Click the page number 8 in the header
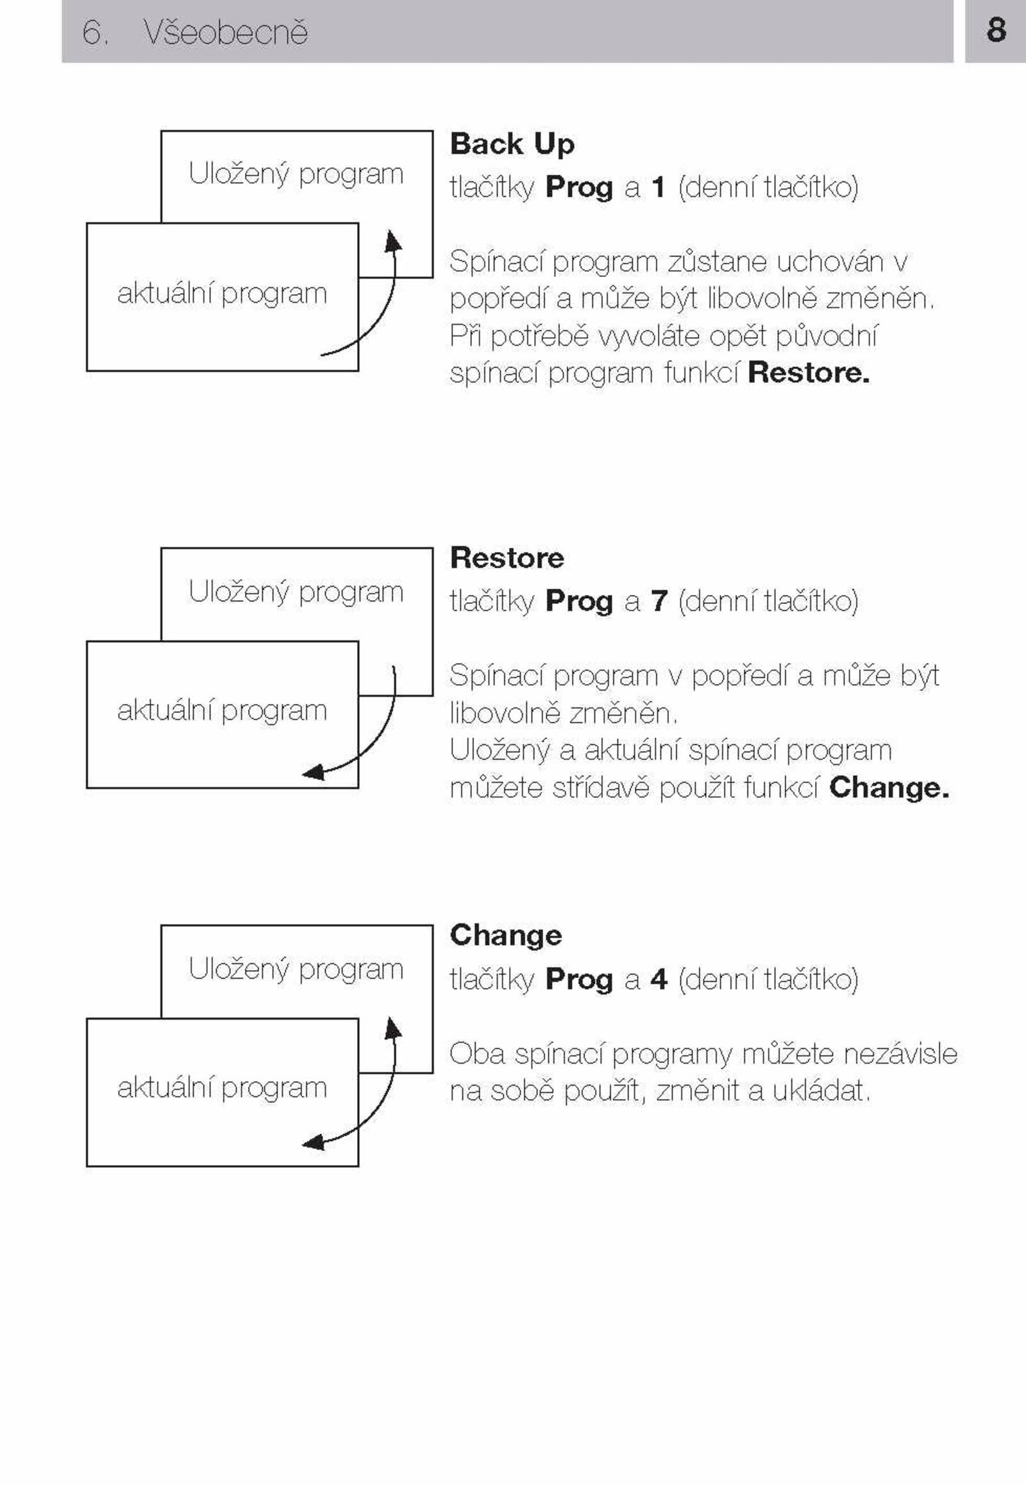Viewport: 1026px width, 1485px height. tap(996, 30)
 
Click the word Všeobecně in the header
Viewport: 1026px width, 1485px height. tap(226, 31)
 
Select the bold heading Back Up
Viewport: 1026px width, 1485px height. tap(512, 145)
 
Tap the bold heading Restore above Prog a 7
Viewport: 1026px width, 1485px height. tap(507, 557)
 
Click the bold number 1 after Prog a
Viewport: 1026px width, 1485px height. tap(658, 187)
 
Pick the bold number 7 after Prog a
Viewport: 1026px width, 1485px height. tap(659, 601)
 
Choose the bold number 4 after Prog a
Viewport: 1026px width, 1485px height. tap(659, 979)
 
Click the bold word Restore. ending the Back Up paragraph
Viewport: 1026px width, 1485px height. tap(809, 373)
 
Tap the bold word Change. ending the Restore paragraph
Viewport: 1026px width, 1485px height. tap(889, 787)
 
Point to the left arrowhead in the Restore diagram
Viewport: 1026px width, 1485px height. tap(313, 772)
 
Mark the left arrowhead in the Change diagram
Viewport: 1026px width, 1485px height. tap(313, 1143)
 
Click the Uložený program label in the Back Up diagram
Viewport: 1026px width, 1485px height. tap(296, 175)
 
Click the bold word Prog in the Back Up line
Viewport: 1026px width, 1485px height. tap(578, 189)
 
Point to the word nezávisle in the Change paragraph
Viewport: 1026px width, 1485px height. tap(900, 1054)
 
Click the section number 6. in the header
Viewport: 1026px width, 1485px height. tap(95, 32)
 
